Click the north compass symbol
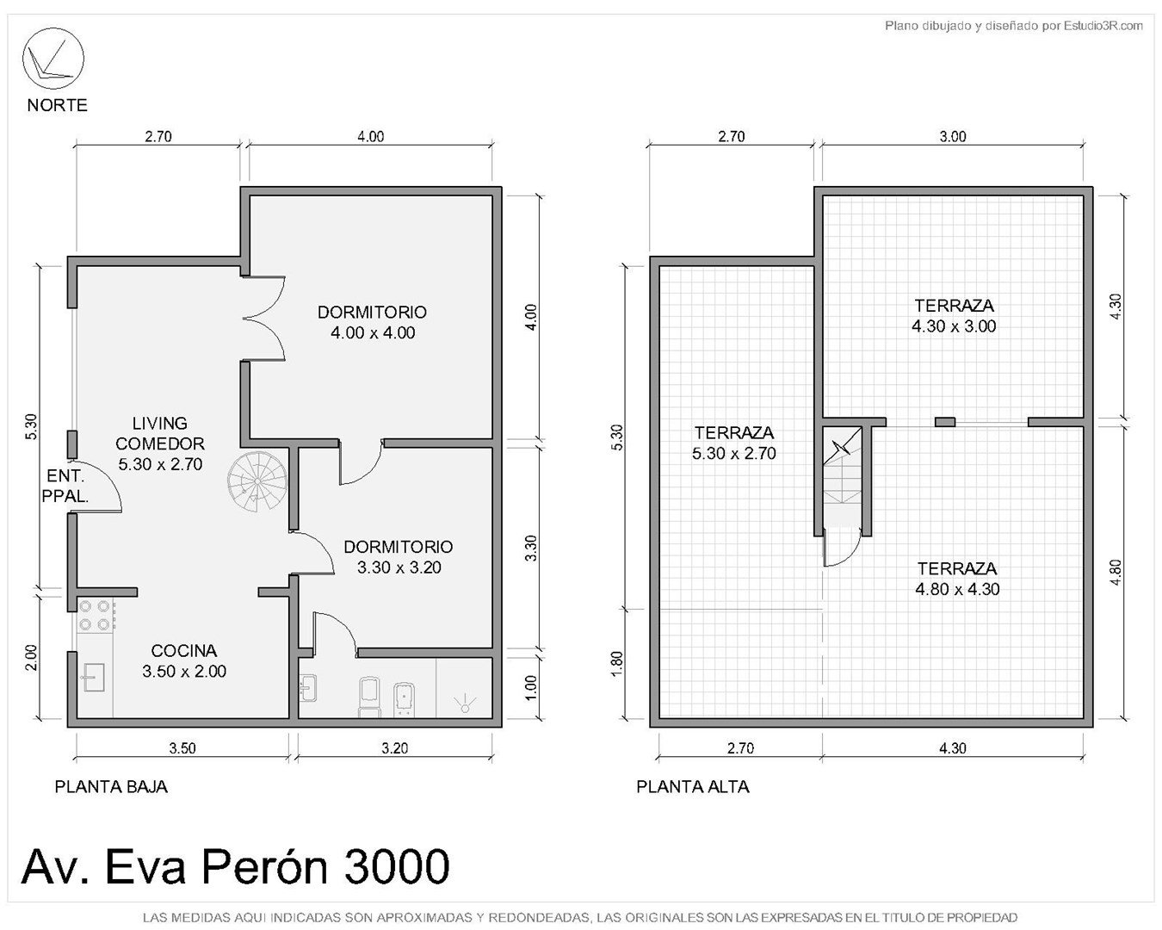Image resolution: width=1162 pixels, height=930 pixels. point(53,59)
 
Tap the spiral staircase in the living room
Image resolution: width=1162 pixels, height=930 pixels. point(257,481)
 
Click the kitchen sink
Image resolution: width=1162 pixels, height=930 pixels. point(93,676)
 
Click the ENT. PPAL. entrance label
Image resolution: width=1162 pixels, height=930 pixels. point(65,486)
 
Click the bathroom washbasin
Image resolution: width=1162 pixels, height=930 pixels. point(308,688)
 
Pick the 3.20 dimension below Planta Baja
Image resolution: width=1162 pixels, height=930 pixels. point(395,748)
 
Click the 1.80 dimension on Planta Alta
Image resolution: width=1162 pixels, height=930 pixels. point(618,662)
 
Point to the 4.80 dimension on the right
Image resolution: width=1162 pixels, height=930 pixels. point(1116,572)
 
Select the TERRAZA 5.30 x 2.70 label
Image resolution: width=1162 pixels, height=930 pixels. point(734,443)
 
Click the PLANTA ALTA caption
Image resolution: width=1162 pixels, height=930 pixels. point(693,787)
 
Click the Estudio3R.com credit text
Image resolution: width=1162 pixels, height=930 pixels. point(1103,25)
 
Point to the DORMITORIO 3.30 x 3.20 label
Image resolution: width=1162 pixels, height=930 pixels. point(399,556)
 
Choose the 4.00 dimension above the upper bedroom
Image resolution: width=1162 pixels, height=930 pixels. point(370,136)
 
